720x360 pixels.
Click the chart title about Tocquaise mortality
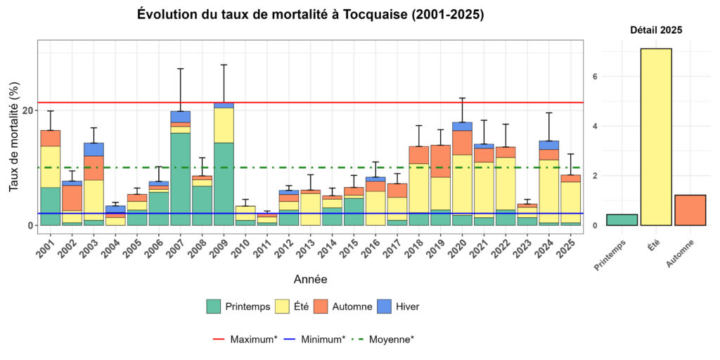(310, 15)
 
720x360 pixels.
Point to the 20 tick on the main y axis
(27, 110)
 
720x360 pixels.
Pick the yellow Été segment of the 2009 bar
(224, 125)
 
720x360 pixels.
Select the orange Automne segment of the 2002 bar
(72, 198)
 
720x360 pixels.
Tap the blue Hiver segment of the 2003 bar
(94, 149)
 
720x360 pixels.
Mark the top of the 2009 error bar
(224, 65)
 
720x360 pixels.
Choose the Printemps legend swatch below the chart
(214, 307)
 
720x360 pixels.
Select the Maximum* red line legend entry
(243, 339)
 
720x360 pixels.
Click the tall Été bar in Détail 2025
(655, 137)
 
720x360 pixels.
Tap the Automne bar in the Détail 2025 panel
(690, 210)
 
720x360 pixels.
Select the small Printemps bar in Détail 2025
(622, 220)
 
